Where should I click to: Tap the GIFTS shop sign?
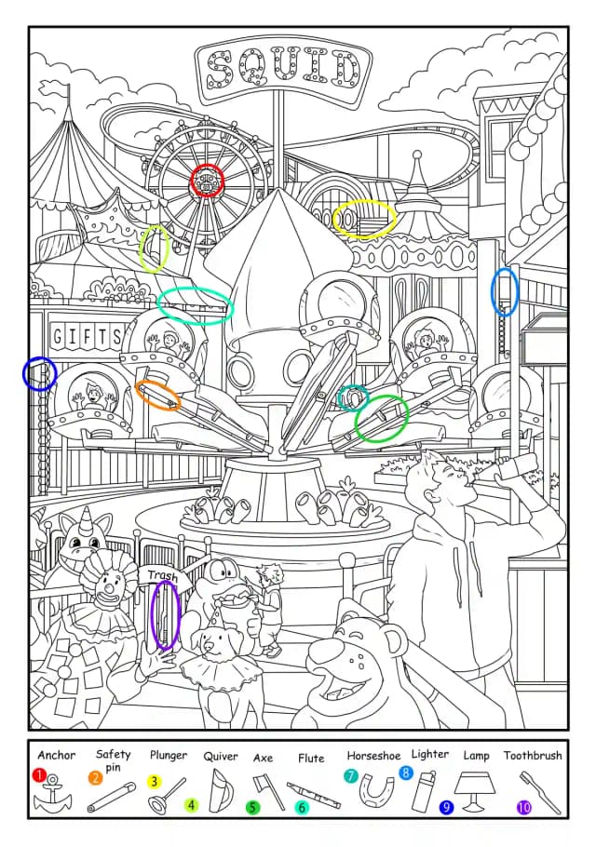tap(87, 337)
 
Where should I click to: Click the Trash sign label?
tap(164, 576)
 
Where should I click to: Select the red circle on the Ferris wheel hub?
tap(207, 181)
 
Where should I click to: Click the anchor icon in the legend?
tap(52, 795)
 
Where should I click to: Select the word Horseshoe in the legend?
tap(373, 755)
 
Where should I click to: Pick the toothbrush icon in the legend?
tap(539, 791)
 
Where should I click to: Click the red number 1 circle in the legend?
tap(39, 775)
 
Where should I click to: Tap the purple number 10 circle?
tap(524, 808)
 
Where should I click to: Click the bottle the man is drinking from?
tap(516, 465)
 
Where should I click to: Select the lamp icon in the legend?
tap(475, 789)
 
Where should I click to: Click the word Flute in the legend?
tap(311, 758)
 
